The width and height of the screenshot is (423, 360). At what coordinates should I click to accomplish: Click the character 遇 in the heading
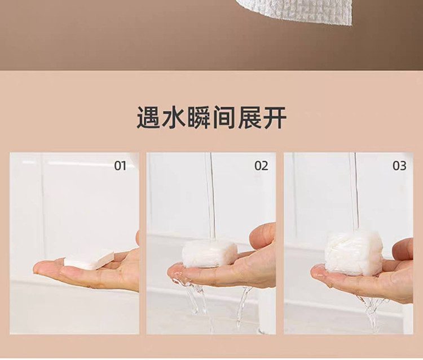[148, 118]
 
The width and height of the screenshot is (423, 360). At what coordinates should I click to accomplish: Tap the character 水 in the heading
[173, 118]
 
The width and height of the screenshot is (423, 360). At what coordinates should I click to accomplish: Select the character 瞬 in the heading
[199, 118]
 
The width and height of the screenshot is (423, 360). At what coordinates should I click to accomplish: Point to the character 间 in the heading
[224, 118]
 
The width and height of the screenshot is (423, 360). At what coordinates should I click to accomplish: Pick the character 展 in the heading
[249, 118]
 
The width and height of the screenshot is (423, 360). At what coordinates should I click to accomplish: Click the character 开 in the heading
[274, 118]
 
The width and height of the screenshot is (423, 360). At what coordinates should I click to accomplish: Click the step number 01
[120, 166]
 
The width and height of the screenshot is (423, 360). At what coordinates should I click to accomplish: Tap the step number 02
[261, 166]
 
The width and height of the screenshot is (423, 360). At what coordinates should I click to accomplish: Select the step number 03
[399, 166]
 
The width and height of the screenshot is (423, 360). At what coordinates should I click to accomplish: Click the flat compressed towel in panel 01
[89, 260]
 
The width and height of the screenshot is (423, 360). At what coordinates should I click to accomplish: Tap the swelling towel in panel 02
[209, 254]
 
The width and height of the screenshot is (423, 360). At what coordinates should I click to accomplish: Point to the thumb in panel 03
[403, 249]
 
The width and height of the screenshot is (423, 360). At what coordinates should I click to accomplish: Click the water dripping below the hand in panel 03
[372, 313]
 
